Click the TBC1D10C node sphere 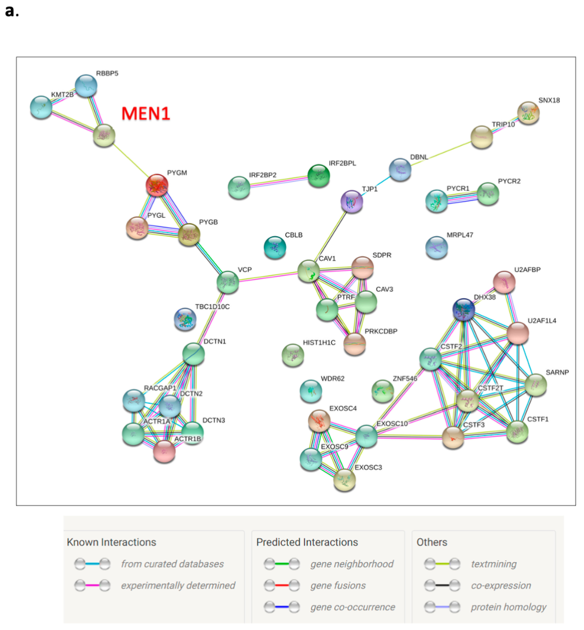tap(185, 319)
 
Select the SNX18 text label tap(549, 100)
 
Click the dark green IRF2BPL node tap(319, 175)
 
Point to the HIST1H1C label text tap(319, 343)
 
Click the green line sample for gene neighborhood tap(282, 564)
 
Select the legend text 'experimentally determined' tap(178, 585)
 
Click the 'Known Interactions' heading tap(112, 542)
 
